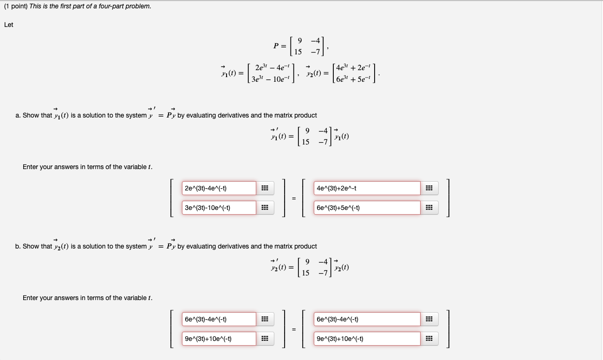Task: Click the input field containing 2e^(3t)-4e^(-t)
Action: click(219, 188)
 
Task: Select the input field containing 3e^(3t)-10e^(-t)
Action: click(219, 208)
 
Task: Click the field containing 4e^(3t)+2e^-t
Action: click(367, 188)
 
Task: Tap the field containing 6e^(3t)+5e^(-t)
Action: click(367, 208)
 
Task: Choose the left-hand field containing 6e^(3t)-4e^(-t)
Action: click(219, 319)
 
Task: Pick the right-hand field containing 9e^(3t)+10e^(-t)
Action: click(367, 339)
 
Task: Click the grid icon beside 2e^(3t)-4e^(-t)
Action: click(265, 188)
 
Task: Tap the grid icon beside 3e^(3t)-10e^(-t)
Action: click(265, 208)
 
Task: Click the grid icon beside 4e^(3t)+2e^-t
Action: click(429, 188)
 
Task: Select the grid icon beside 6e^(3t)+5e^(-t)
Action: click(429, 208)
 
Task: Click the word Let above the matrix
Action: click(9, 25)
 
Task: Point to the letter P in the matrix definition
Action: click(276, 46)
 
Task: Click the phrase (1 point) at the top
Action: click(15, 7)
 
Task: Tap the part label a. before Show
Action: click(18, 115)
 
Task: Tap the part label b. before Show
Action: click(18, 246)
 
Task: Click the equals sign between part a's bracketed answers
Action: click(293, 198)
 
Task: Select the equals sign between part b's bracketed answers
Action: click(293, 329)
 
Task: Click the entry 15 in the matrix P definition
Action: click(298, 51)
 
